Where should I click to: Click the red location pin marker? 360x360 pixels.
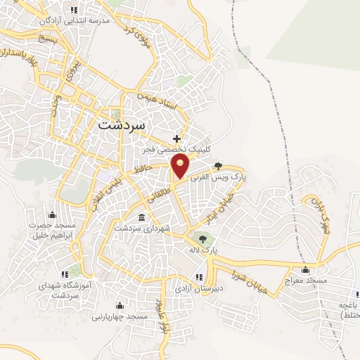click(182, 167)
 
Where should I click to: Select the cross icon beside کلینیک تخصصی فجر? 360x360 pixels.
click(176, 139)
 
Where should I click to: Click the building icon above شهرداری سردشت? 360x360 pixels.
click(142, 217)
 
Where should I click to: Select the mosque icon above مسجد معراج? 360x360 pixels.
click(305, 269)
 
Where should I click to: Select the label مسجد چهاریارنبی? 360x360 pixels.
click(118, 316)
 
